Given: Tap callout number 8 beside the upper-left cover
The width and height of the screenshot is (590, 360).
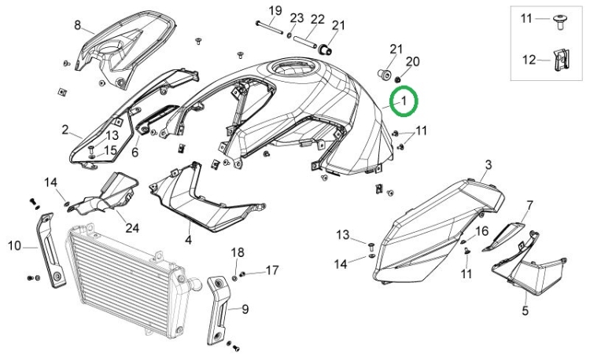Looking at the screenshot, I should (x=78, y=25).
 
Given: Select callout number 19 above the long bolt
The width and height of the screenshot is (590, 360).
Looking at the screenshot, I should (x=275, y=10).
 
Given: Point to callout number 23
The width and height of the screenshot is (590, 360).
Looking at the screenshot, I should (x=297, y=18).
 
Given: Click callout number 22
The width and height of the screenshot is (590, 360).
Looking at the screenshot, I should (x=318, y=19).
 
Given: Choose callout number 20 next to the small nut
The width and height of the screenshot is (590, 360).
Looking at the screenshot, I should (x=412, y=61).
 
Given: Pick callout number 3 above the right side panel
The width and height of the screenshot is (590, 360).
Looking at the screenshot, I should (x=488, y=164).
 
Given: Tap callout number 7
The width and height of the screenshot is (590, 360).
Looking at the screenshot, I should (x=529, y=206).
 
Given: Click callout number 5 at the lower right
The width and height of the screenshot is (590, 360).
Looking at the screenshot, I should (x=525, y=310).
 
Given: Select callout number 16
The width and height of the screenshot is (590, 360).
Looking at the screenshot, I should (x=482, y=230).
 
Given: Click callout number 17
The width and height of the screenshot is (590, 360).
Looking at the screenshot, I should (x=271, y=270).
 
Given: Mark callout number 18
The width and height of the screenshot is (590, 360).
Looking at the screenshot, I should (x=238, y=252).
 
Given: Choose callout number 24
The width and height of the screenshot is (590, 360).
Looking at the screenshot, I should (x=132, y=229).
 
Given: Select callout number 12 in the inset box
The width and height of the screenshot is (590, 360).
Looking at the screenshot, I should (x=529, y=58).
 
